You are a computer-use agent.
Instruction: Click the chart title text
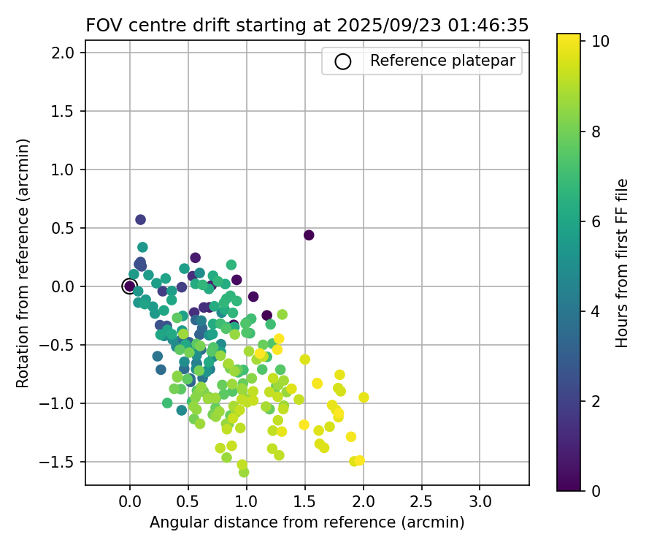(307, 26)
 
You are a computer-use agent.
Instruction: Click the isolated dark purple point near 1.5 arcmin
(309, 235)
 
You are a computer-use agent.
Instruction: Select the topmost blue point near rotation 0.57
(140, 219)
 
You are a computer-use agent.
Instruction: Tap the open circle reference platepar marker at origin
(130, 286)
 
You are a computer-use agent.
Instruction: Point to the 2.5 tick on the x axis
(421, 485)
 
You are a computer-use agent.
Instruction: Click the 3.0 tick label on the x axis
(480, 503)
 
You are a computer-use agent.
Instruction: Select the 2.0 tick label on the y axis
(63, 53)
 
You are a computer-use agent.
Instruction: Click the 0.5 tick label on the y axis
(63, 228)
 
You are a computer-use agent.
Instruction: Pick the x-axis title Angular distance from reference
(307, 522)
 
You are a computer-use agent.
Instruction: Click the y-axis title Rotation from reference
(23, 263)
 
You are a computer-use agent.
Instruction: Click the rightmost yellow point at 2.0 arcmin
(364, 397)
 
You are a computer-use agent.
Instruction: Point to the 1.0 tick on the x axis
(247, 485)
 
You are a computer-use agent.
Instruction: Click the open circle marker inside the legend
(343, 61)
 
